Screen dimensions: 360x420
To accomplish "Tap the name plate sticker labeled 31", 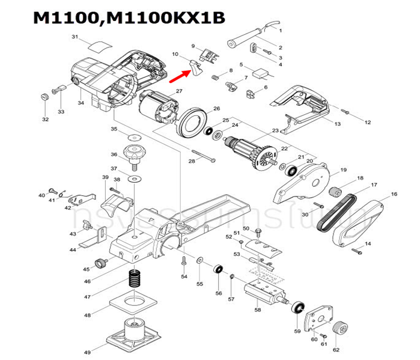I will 97,44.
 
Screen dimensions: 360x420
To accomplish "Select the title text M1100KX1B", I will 168,20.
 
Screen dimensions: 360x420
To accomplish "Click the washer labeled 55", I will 199,261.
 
